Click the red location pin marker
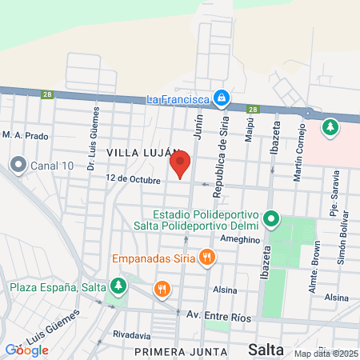pyautogui.click(x=180, y=164)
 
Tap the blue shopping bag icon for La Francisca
pyautogui.click(x=222, y=99)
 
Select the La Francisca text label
pyautogui.click(x=178, y=99)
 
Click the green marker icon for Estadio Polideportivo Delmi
pyautogui.click(x=272, y=218)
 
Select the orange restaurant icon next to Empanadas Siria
pyautogui.click(x=207, y=257)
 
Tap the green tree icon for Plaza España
pyautogui.click(x=118, y=285)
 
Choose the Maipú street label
pyautogui.click(x=250, y=132)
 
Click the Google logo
pyautogui.click(x=27, y=350)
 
